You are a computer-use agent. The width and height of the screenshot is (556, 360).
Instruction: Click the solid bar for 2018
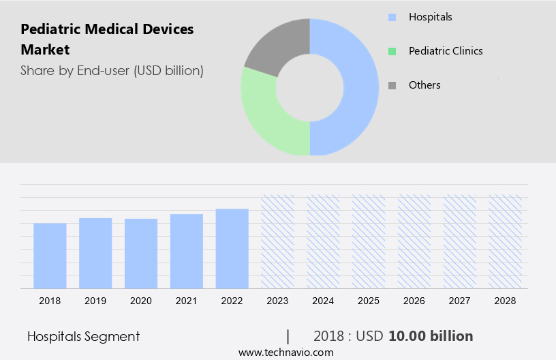(x=50, y=256)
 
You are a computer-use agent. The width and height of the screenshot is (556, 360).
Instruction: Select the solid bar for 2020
(x=141, y=254)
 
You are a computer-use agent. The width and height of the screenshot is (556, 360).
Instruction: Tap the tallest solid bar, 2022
(x=232, y=248)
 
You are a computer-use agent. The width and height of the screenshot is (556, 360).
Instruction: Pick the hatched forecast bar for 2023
(x=278, y=241)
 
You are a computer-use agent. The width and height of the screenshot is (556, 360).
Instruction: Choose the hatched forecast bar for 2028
(x=506, y=241)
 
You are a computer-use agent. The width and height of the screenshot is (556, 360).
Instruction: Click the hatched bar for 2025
(x=369, y=241)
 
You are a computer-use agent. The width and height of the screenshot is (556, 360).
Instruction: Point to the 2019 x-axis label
(x=95, y=301)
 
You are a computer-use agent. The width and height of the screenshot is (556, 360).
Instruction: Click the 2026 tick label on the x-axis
(x=414, y=301)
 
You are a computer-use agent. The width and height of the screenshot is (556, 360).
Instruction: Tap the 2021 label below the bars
(x=187, y=301)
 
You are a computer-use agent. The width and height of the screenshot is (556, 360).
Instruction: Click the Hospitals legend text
(x=430, y=16)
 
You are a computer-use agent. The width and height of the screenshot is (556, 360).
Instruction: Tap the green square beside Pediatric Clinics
(x=392, y=51)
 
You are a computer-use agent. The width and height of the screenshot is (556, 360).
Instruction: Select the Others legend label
(x=424, y=85)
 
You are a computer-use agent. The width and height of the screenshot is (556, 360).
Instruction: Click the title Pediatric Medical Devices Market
(x=107, y=39)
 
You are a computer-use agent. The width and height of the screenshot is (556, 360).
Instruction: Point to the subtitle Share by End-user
(x=112, y=70)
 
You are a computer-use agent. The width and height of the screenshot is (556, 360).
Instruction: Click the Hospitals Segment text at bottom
(x=83, y=336)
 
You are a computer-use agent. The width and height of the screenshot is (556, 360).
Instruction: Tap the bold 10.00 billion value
(x=431, y=336)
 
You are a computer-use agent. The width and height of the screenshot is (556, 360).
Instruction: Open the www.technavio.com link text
(x=285, y=352)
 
